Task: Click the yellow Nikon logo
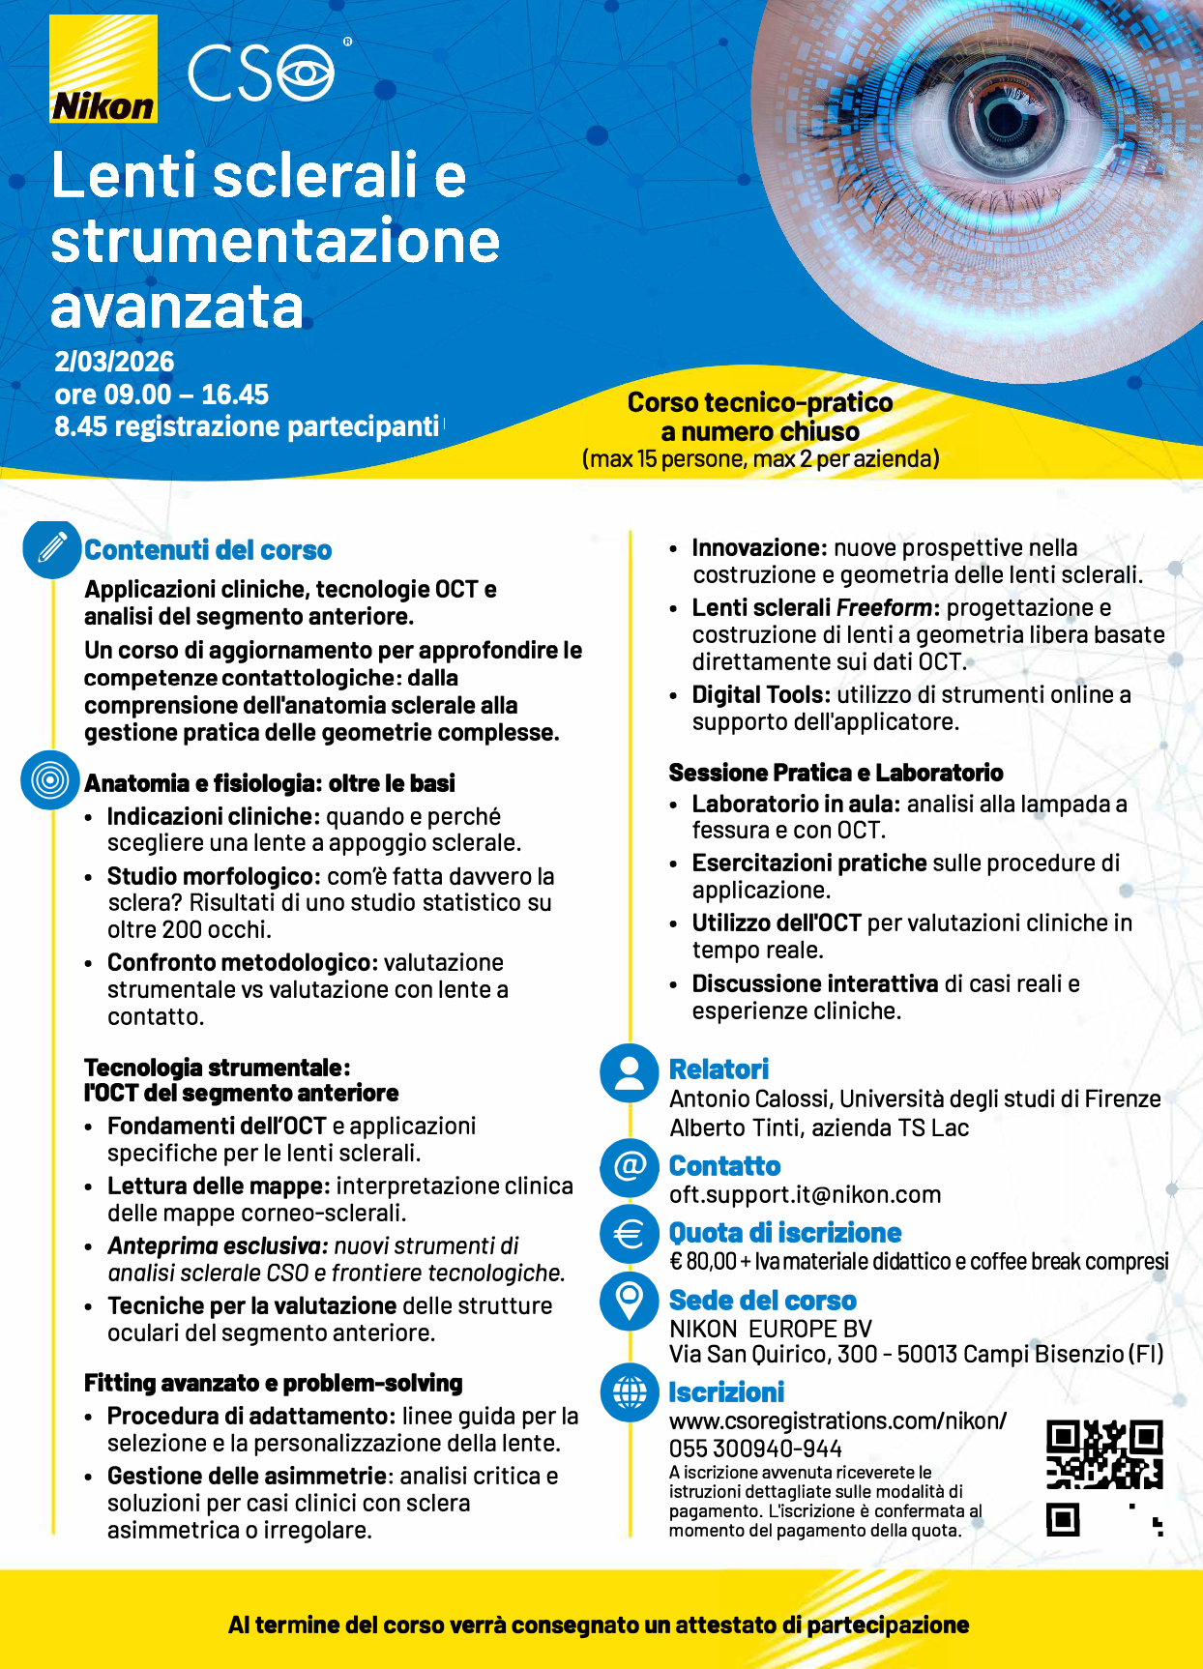(x=103, y=70)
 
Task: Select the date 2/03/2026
(x=114, y=362)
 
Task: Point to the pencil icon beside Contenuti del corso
(x=52, y=548)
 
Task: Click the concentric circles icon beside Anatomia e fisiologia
(x=50, y=779)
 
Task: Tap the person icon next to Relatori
(x=630, y=1072)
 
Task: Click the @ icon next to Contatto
(x=630, y=1166)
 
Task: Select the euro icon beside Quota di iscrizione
(x=630, y=1234)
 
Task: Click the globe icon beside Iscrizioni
(x=630, y=1392)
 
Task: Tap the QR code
(x=1104, y=1478)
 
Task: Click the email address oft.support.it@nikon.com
(x=805, y=1195)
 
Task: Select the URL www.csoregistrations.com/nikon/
(x=837, y=1420)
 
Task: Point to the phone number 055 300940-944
(x=755, y=1449)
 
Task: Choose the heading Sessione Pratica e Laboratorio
(x=836, y=773)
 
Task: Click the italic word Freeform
(x=884, y=608)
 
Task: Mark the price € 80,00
(x=703, y=1262)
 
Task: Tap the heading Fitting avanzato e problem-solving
(x=273, y=1384)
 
